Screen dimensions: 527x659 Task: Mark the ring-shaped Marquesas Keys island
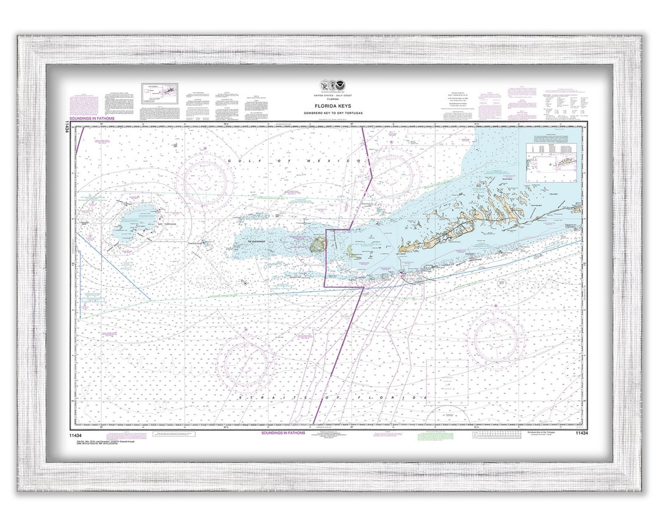click(x=316, y=246)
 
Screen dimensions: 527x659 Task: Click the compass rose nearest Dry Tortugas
click(x=206, y=174)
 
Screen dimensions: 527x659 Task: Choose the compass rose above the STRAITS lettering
click(x=246, y=364)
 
